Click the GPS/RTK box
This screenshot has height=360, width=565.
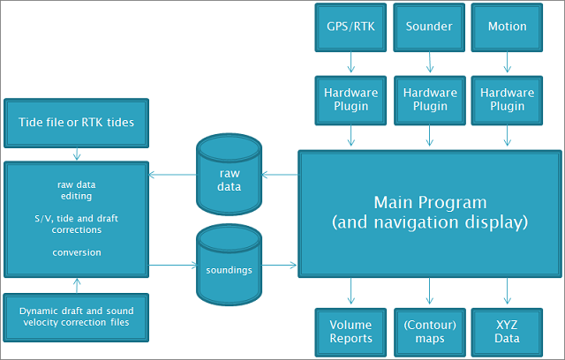(350, 26)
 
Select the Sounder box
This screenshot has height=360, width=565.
(429, 26)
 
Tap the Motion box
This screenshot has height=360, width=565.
(507, 26)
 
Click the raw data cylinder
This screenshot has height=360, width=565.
(229, 176)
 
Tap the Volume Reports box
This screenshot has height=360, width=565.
(350, 332)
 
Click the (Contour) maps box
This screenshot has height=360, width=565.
(429, 332)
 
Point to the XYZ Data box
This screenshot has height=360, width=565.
(507, 332)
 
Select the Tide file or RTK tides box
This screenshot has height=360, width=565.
(77, 122)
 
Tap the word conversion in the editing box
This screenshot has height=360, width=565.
(77, 252)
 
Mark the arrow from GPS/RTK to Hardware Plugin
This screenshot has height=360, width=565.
(350, 63)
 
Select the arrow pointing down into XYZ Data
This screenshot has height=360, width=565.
(507, 291)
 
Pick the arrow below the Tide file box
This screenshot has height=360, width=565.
(77, 154)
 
